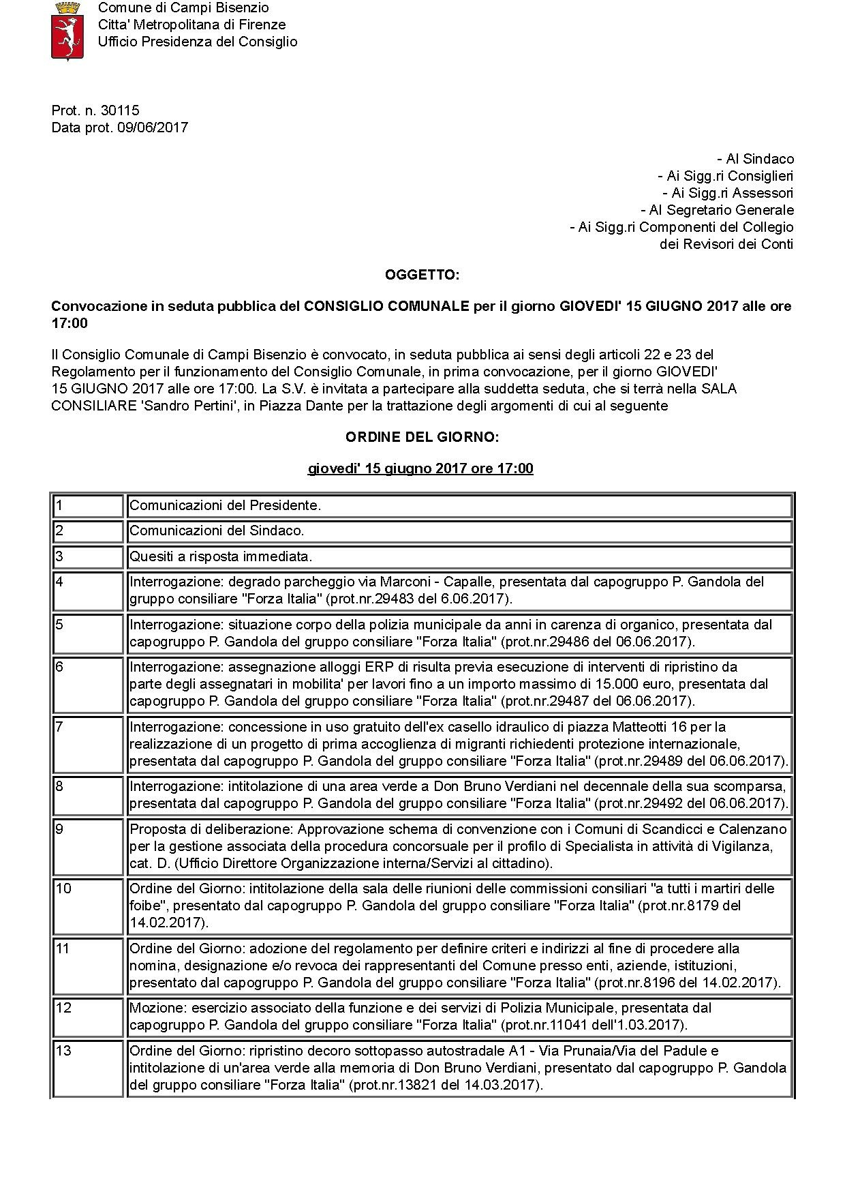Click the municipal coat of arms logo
click(67, 31)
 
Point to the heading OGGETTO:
click(422, 275)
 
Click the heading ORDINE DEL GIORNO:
click(422, 437)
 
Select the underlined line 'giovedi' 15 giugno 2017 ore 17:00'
click(420, 468)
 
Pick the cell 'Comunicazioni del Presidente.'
click(225, 506)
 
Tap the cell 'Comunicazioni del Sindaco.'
click(217, 530)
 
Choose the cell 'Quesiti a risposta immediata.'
click(221, 556)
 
